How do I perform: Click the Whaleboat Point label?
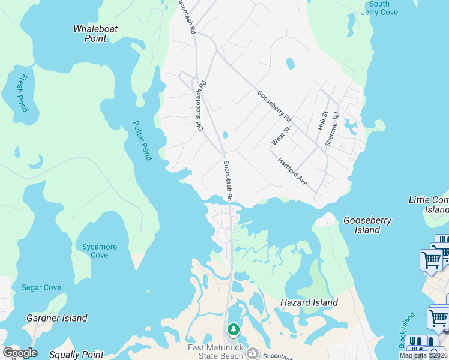tap(95, 34)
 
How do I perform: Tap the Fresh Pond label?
tap(22, 93)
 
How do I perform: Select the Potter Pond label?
tap(142, 141)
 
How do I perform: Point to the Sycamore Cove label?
tap(100, 251)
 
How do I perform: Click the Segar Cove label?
tap(41, 288)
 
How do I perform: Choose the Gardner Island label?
tap(57, 318)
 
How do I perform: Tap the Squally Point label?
tap(76, 355)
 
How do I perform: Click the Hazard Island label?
tap(309, 303)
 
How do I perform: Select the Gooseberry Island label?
tap(367, 225)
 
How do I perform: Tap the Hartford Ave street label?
tap(292, 172)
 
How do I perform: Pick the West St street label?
tap(280, 135)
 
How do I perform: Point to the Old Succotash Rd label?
tap(200, 106)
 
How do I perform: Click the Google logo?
tap(20, 353)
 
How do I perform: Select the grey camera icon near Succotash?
tap(253, 353)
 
